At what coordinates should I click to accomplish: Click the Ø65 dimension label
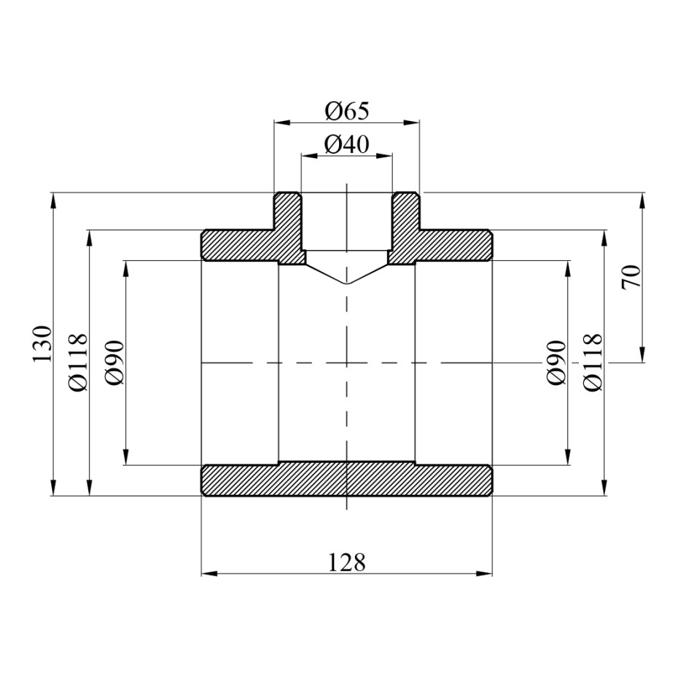point(347,112)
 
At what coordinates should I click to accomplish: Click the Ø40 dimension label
point(347,145)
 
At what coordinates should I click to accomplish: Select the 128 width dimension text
point(346,562)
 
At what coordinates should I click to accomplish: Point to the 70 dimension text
point(631,277)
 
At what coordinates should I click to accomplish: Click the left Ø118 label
point(79,362)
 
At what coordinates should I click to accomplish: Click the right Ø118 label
point(594,362)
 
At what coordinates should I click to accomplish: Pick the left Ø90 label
point(116,362)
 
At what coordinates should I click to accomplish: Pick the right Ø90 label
point(557,362)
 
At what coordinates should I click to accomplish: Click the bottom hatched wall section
point(346,479)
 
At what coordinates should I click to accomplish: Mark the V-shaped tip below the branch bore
point(347,282)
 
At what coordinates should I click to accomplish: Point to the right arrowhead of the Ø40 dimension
point(388,155)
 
